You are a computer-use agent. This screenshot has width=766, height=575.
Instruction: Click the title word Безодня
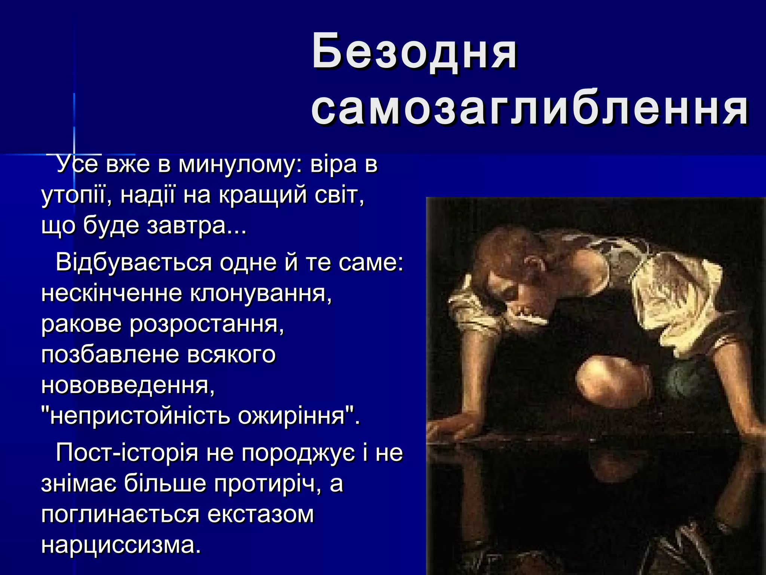[x=414, y=52]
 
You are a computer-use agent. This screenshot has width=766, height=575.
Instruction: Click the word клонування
[x=261, y=293]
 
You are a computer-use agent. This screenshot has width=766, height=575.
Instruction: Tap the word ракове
[x=81, y=324]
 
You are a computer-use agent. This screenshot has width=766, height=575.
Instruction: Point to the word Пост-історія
[x=127, y=453]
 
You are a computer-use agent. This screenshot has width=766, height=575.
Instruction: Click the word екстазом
[x=260, y=514]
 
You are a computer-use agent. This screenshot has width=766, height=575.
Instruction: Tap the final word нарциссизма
[x=121, y=545]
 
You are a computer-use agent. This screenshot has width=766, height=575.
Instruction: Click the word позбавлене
[x=110, y=355]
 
